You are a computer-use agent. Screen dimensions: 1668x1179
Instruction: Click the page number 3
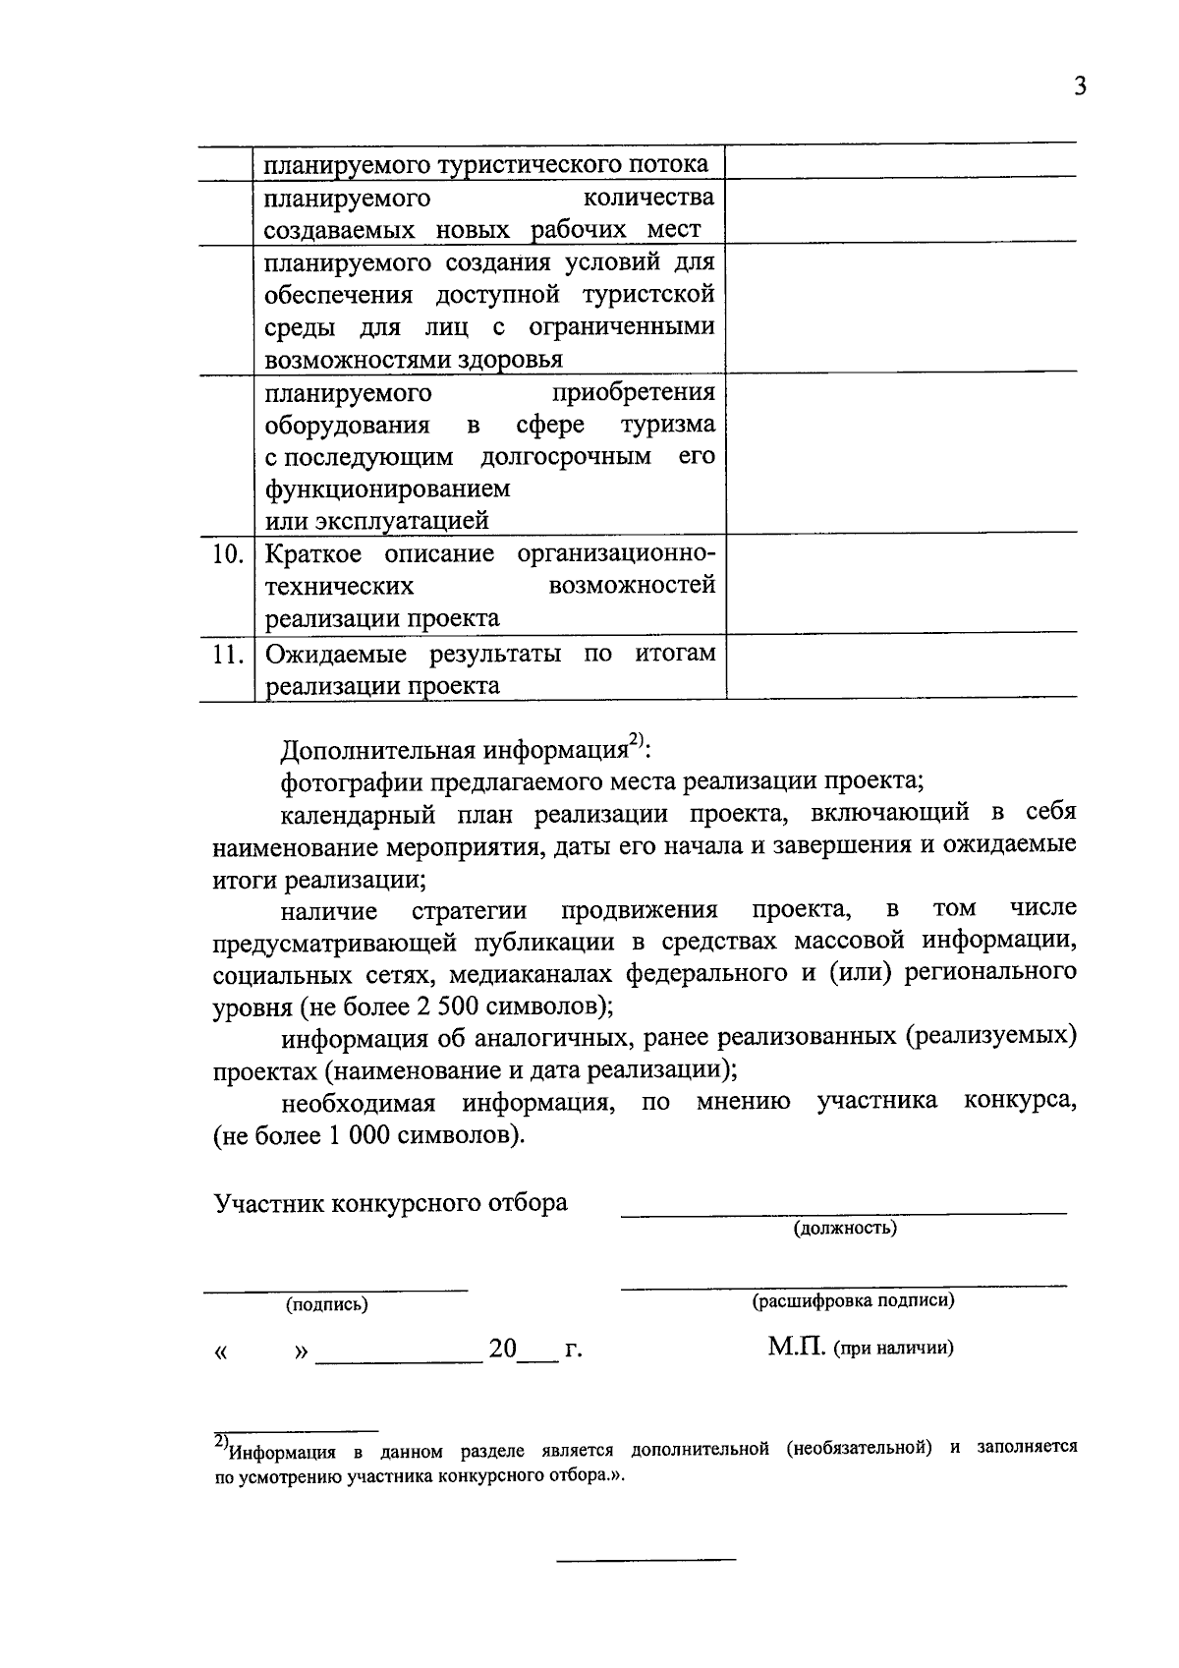pos(1080,86)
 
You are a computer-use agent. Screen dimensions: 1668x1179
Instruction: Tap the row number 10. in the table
pos(228,554)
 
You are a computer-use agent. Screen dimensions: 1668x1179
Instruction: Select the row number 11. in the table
pos(228,654)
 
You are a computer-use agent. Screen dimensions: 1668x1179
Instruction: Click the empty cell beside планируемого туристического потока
pos(900,162)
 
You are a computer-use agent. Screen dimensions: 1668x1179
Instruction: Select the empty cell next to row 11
pos(900,668)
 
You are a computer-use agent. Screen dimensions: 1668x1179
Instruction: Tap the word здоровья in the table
pos(516,360)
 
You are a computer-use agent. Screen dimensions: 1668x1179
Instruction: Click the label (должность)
pos(845,1228)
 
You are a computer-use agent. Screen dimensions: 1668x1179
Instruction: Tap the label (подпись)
pos(327,1304)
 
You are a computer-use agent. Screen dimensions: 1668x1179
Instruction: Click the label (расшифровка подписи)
pos(853,1301)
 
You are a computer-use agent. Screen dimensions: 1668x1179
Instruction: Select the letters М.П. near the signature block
pos(799,1347)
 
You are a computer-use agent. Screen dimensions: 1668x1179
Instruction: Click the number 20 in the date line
pos(502,1350)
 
